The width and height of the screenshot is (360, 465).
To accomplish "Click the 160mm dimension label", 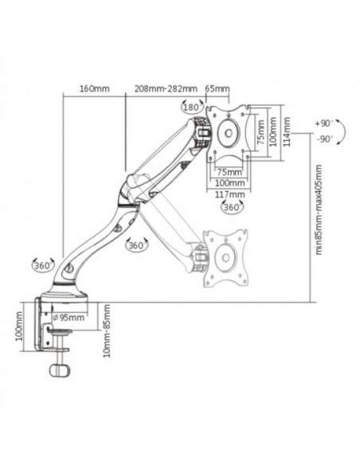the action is tap(94, 88).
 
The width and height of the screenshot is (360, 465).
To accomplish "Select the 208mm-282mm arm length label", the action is tap(166, 88).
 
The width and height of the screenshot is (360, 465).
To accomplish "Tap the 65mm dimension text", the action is tap(217, 88).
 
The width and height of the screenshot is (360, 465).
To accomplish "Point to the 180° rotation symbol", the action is tap(192, 107).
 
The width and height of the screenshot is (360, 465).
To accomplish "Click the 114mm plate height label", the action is tap(287, 131).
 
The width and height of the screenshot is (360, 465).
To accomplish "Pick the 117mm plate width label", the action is tap(230, 194).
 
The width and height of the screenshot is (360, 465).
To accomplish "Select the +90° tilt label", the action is tap(324, 123).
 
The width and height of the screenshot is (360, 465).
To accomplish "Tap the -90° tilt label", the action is tap(325, 139).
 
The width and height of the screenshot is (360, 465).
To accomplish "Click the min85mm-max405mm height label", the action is tap(319, 209).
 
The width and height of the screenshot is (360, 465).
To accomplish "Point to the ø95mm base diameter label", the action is tap(68, 318).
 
